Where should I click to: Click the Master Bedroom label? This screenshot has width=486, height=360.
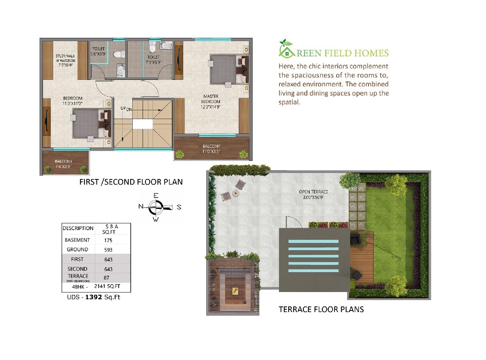[x=211, y=101]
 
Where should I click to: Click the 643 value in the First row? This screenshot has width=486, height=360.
[x=108, y=259]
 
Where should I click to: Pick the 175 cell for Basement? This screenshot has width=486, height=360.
[x=108, y=240]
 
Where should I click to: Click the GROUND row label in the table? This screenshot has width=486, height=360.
[x=77, y=250]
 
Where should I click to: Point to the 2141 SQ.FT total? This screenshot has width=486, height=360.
[x=107, y=286]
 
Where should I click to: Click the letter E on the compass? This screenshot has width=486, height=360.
[x=156, y=195]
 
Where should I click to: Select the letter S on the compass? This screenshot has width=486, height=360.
[x=179, y=207]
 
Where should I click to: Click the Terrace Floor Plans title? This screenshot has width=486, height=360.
[x=321, y=309]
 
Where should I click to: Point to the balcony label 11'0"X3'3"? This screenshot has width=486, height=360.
[x=211, y=149]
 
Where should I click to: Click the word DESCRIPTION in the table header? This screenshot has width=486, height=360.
[x=78, y=229]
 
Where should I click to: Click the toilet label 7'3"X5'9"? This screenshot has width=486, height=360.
[x=153, y=60]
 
